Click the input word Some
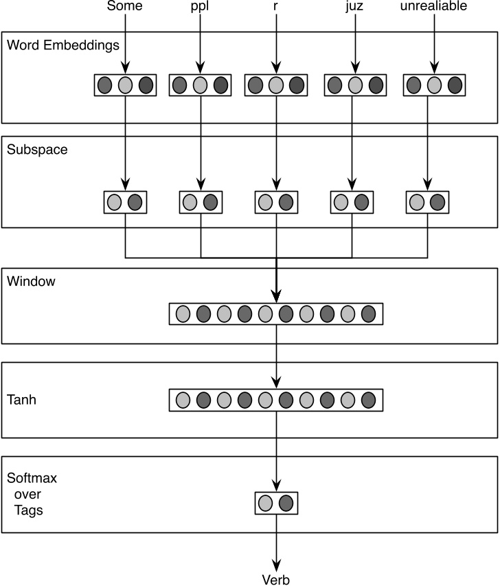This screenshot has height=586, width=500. click(125, 8)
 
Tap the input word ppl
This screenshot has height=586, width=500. click(200, 8)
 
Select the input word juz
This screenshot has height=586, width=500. click(354, 8)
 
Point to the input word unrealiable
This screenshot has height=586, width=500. click(434, 8)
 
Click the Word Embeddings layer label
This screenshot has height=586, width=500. click(63, 46)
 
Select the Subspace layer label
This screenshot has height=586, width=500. click(37, 150)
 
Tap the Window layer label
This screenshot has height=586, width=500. click(31, 281)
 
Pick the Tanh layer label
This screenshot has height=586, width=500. click(21, 400)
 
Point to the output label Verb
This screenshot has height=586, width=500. click(276, 579)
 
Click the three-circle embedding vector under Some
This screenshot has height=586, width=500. click(125, 85)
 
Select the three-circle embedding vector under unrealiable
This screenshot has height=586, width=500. click(434, 85)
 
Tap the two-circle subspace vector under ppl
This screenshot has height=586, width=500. click(201, 202)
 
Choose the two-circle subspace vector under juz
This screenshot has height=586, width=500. click(352, 202)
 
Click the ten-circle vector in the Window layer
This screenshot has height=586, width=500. click(275, 313)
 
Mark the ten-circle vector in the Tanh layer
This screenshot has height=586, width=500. click(275, 400)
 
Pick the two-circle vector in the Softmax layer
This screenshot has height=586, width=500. click(276, 504)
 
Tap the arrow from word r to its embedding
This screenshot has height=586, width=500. click(275, 41)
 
